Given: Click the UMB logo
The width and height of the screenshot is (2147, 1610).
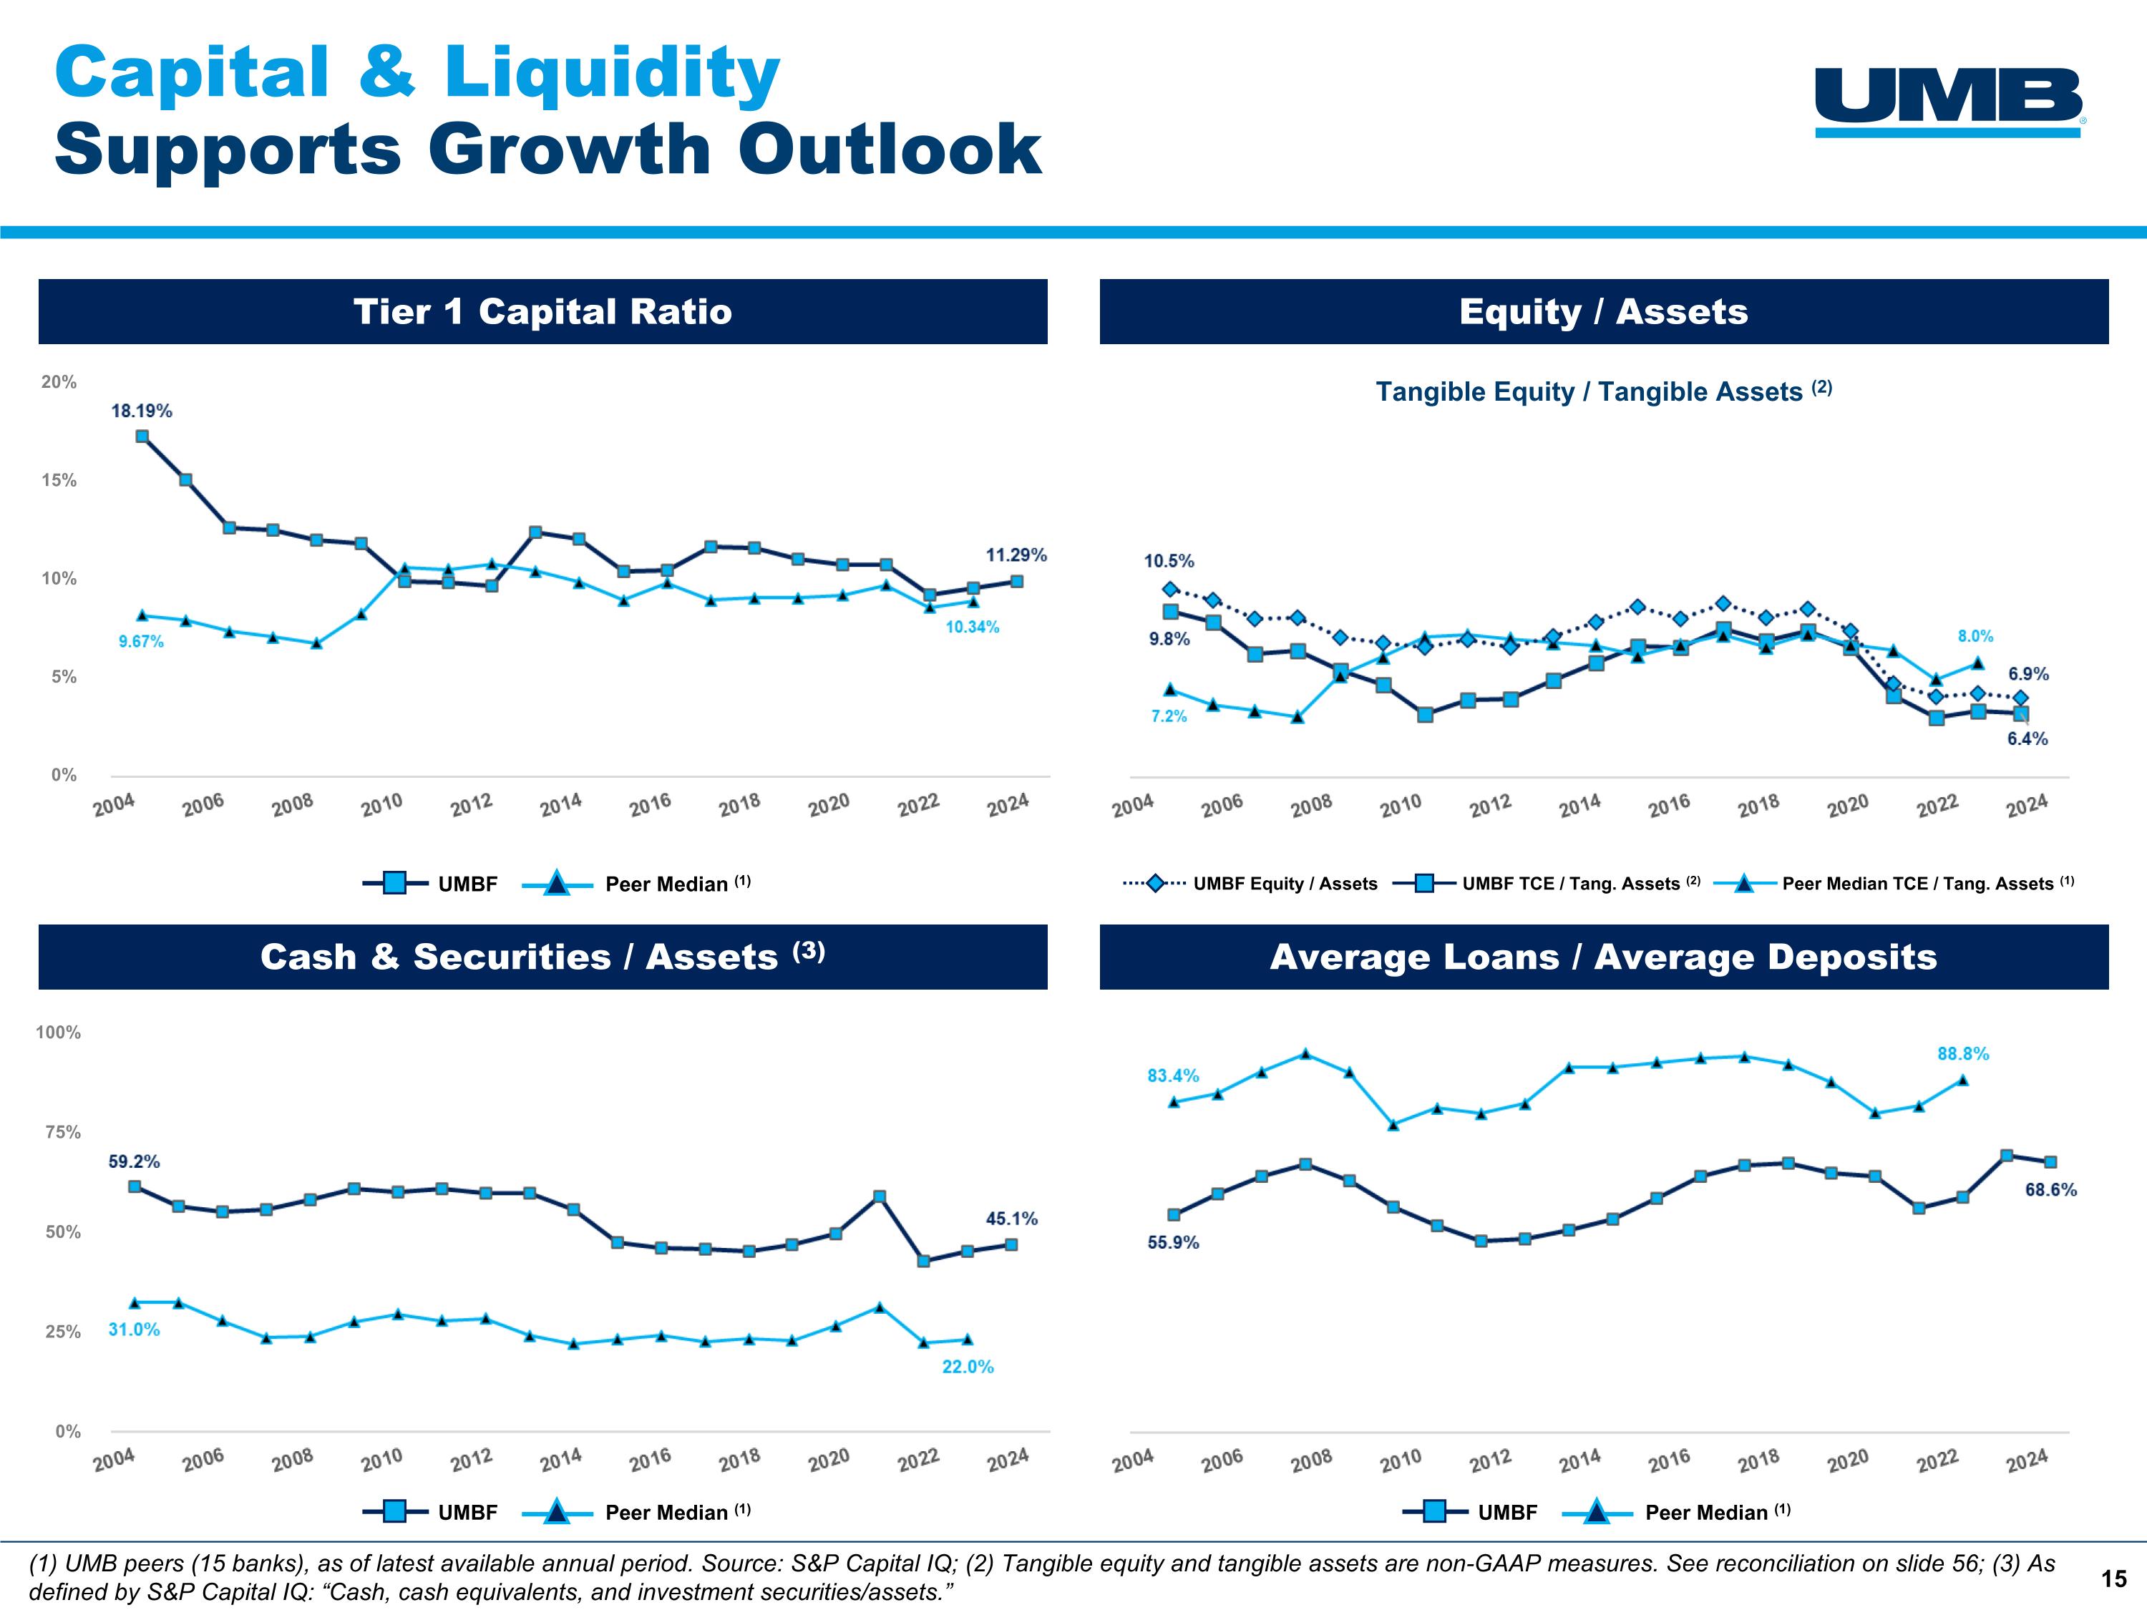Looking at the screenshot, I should point(1949,102).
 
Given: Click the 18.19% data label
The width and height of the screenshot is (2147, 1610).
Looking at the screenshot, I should point(142,411).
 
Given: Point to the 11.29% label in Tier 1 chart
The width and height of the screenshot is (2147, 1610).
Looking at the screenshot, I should point(1016,555).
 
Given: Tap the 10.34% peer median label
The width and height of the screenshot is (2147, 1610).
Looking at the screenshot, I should point(972,627).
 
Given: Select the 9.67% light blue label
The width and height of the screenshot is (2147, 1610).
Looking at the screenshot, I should point(141,641).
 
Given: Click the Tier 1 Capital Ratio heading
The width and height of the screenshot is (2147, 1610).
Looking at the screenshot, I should point(542,311).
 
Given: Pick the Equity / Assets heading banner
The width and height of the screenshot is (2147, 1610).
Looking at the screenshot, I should point(1604,311).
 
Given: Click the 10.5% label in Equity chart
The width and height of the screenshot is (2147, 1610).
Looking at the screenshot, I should point(1169,561).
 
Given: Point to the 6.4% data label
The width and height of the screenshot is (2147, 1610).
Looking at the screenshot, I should point(2027,738).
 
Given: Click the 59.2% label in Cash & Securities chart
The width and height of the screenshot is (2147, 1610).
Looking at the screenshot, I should point(134,1161).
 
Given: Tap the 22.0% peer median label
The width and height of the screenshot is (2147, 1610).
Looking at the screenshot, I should point(968,1367).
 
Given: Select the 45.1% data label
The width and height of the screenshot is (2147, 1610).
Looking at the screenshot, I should point(1011,1218).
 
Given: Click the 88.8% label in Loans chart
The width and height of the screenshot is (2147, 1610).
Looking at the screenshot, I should point(1962,1053).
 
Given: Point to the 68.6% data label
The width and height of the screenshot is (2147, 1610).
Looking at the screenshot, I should point(2050,1190).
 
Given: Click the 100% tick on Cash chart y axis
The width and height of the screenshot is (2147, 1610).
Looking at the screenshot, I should point(58,1033).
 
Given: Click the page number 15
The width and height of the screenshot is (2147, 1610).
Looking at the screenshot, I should point(2113,1579).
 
